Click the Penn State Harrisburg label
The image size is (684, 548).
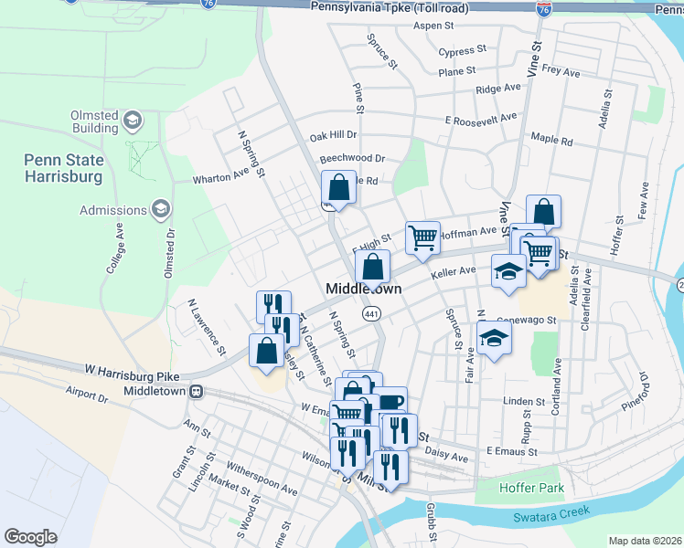point(64,169)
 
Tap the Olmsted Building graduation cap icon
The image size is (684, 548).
point(133,121)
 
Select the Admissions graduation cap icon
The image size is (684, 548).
point(160,210)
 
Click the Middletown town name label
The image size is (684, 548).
point(365,289)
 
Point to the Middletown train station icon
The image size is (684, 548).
point(196,391)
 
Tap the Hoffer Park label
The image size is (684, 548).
point(531,488)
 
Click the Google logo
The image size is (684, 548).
point(30,536)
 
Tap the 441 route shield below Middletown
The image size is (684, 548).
point(371,313)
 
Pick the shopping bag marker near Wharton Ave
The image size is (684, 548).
point(338,188)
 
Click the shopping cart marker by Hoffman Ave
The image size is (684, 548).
point(422,237)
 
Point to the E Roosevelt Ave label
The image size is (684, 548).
point(481,119)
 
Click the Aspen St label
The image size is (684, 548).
point(433,26)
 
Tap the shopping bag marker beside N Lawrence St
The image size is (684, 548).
point(266,351)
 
